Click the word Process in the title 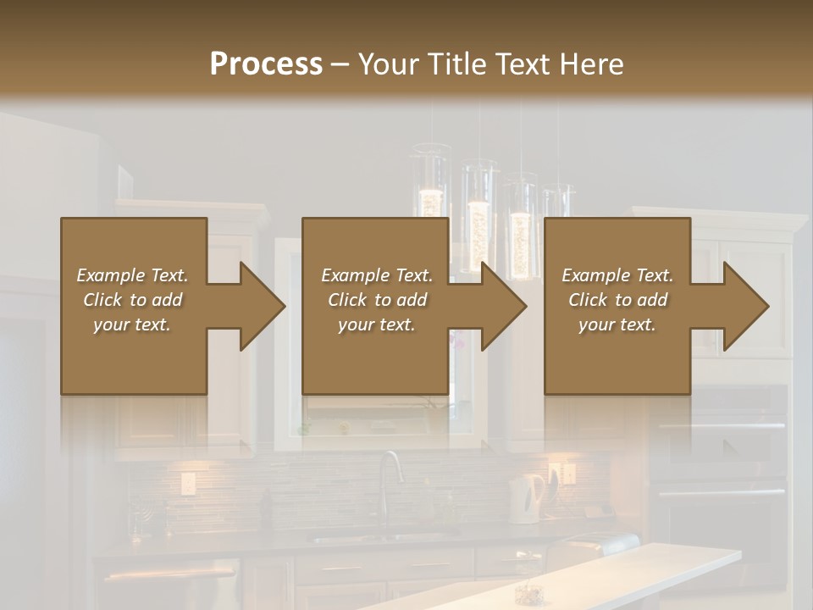(x=266, y=64)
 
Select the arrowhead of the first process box (x=261, y=306)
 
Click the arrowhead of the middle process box (x=503, y=306)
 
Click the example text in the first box (x=133, y=300)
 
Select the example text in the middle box (x=377, y=300)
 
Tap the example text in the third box (x=617, y=300)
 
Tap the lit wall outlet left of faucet (x=188, y=483)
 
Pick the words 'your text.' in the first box (x=133, y=324)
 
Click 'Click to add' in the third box (x=617, y=300)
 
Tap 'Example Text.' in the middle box (x=377, y=275)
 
